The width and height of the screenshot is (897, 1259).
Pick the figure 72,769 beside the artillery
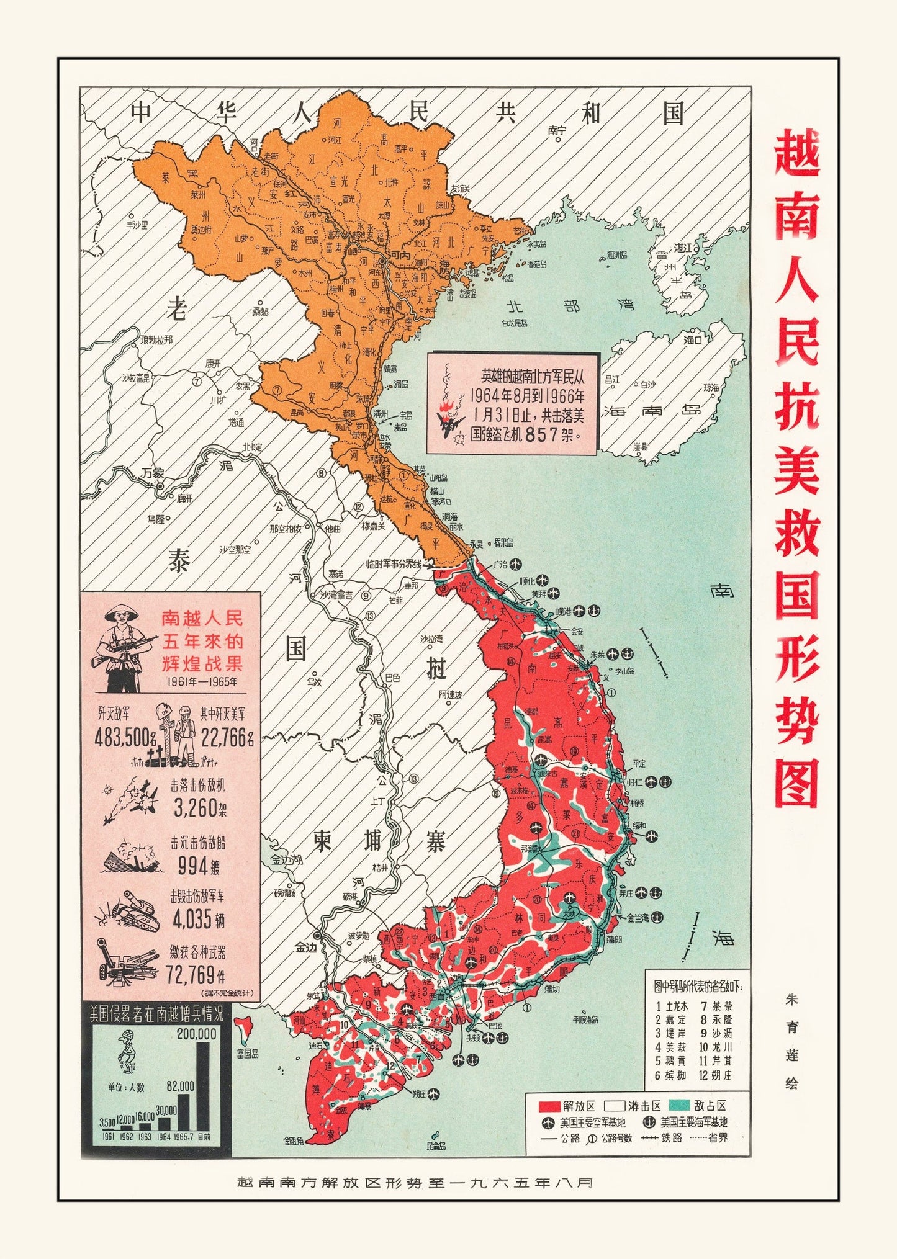190,975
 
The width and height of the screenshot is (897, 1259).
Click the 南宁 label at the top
557,130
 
